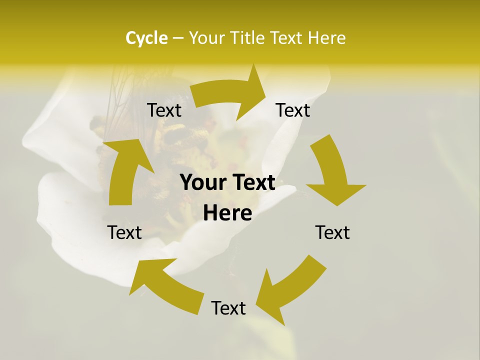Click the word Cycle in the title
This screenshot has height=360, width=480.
pos(146,38)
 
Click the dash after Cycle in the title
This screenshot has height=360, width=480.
pos(177,38)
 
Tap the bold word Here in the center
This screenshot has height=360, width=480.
pos(227,213)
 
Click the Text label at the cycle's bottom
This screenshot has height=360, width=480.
pos(228,308)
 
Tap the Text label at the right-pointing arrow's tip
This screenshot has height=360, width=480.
pos(293,110)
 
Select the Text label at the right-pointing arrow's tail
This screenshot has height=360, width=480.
pos(164,110)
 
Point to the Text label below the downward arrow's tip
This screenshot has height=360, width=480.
pos(332,232)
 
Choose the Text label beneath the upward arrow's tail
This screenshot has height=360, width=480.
pos(124,232)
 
